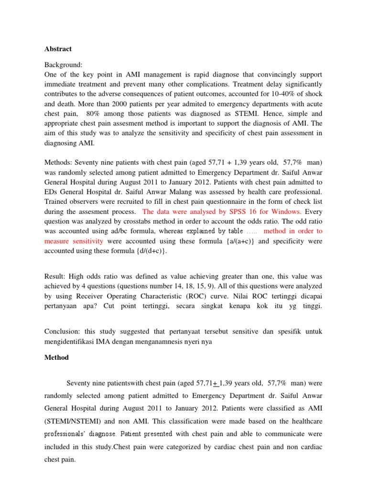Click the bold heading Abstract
[58, 49]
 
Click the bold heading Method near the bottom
[56, 357]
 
